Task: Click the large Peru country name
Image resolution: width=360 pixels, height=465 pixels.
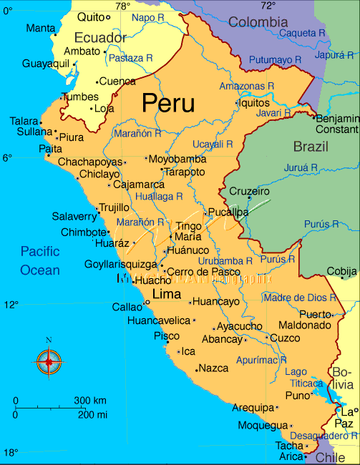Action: (x=168, y=103)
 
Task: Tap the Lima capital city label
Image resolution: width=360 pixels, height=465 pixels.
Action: (x=167, y=294)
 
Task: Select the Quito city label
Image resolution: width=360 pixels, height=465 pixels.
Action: (x=90, y=16)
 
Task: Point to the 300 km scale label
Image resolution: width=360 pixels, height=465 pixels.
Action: (x=90, y=400)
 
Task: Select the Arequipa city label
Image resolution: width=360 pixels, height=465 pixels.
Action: (x=253, y=408)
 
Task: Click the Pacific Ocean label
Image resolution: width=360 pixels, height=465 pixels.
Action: (x=40, y=260)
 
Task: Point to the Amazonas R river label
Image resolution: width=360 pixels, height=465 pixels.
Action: (x=246, y=86)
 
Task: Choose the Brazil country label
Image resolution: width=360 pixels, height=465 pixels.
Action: (x=311, y=147)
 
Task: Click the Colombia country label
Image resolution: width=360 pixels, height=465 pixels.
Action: (x=258, y=22)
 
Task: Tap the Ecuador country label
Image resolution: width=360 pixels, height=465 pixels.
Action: (x=100, y=37)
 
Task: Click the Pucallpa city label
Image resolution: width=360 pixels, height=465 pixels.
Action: (x=228, y=212)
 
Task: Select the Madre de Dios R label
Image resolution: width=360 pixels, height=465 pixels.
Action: (x=299, y=298)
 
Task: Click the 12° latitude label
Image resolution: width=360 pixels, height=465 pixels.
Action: (x=10, y=305)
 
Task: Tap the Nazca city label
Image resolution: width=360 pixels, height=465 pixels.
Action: (x=214, y=368)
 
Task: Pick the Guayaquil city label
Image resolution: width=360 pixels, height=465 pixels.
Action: (x=45, y=64)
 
